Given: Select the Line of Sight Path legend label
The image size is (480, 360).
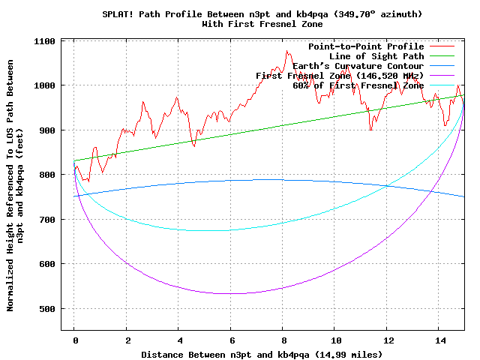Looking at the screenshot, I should pos(376,56).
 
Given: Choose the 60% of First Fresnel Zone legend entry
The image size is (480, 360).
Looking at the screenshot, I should pos(358,85).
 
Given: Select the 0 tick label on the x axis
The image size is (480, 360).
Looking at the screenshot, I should pos(75,340).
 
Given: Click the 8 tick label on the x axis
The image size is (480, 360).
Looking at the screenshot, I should pos(283,340).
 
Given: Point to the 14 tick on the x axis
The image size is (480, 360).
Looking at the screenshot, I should pos(439,340).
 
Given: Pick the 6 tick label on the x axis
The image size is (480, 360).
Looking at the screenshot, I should pos(231,340).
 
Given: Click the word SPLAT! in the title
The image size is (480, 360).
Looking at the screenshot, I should pos(117,14).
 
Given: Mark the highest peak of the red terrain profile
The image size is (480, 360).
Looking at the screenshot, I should pos(286,51).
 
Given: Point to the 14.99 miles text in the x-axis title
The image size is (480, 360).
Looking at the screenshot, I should pos(352,353).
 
